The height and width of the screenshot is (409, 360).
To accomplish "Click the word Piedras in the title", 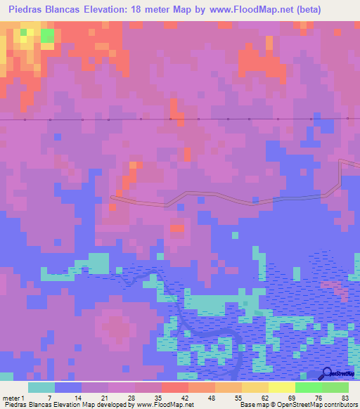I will pos(30,9).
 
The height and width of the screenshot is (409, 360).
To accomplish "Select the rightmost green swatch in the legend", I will pos(335,387).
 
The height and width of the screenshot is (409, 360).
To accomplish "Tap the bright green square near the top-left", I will pos(47,36).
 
